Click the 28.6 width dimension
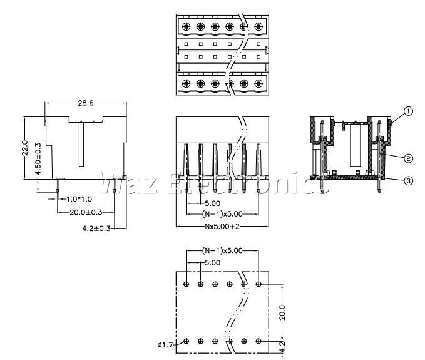(86, 103)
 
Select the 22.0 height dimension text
(25, 148)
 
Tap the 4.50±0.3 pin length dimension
(38, 159)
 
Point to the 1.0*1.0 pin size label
(79, 199)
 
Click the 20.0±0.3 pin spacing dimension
(86, 212)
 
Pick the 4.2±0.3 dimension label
(96, 229)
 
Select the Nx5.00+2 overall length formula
(222, 227)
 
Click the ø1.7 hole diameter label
(165, 345)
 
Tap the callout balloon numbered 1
(409, 111)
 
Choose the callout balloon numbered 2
(409, 158)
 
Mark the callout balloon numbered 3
(409, 181)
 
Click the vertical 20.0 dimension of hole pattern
(282, 312)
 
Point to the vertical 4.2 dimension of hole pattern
(282, 347)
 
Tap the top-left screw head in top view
(186, 26)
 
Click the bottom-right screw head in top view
(259, 83)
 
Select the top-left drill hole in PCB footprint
(186, 284)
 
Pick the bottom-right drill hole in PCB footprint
(259, 341)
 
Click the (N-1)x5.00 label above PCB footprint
(222, 250)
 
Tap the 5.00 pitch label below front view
(212, 203)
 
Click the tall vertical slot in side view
(81, 144)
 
